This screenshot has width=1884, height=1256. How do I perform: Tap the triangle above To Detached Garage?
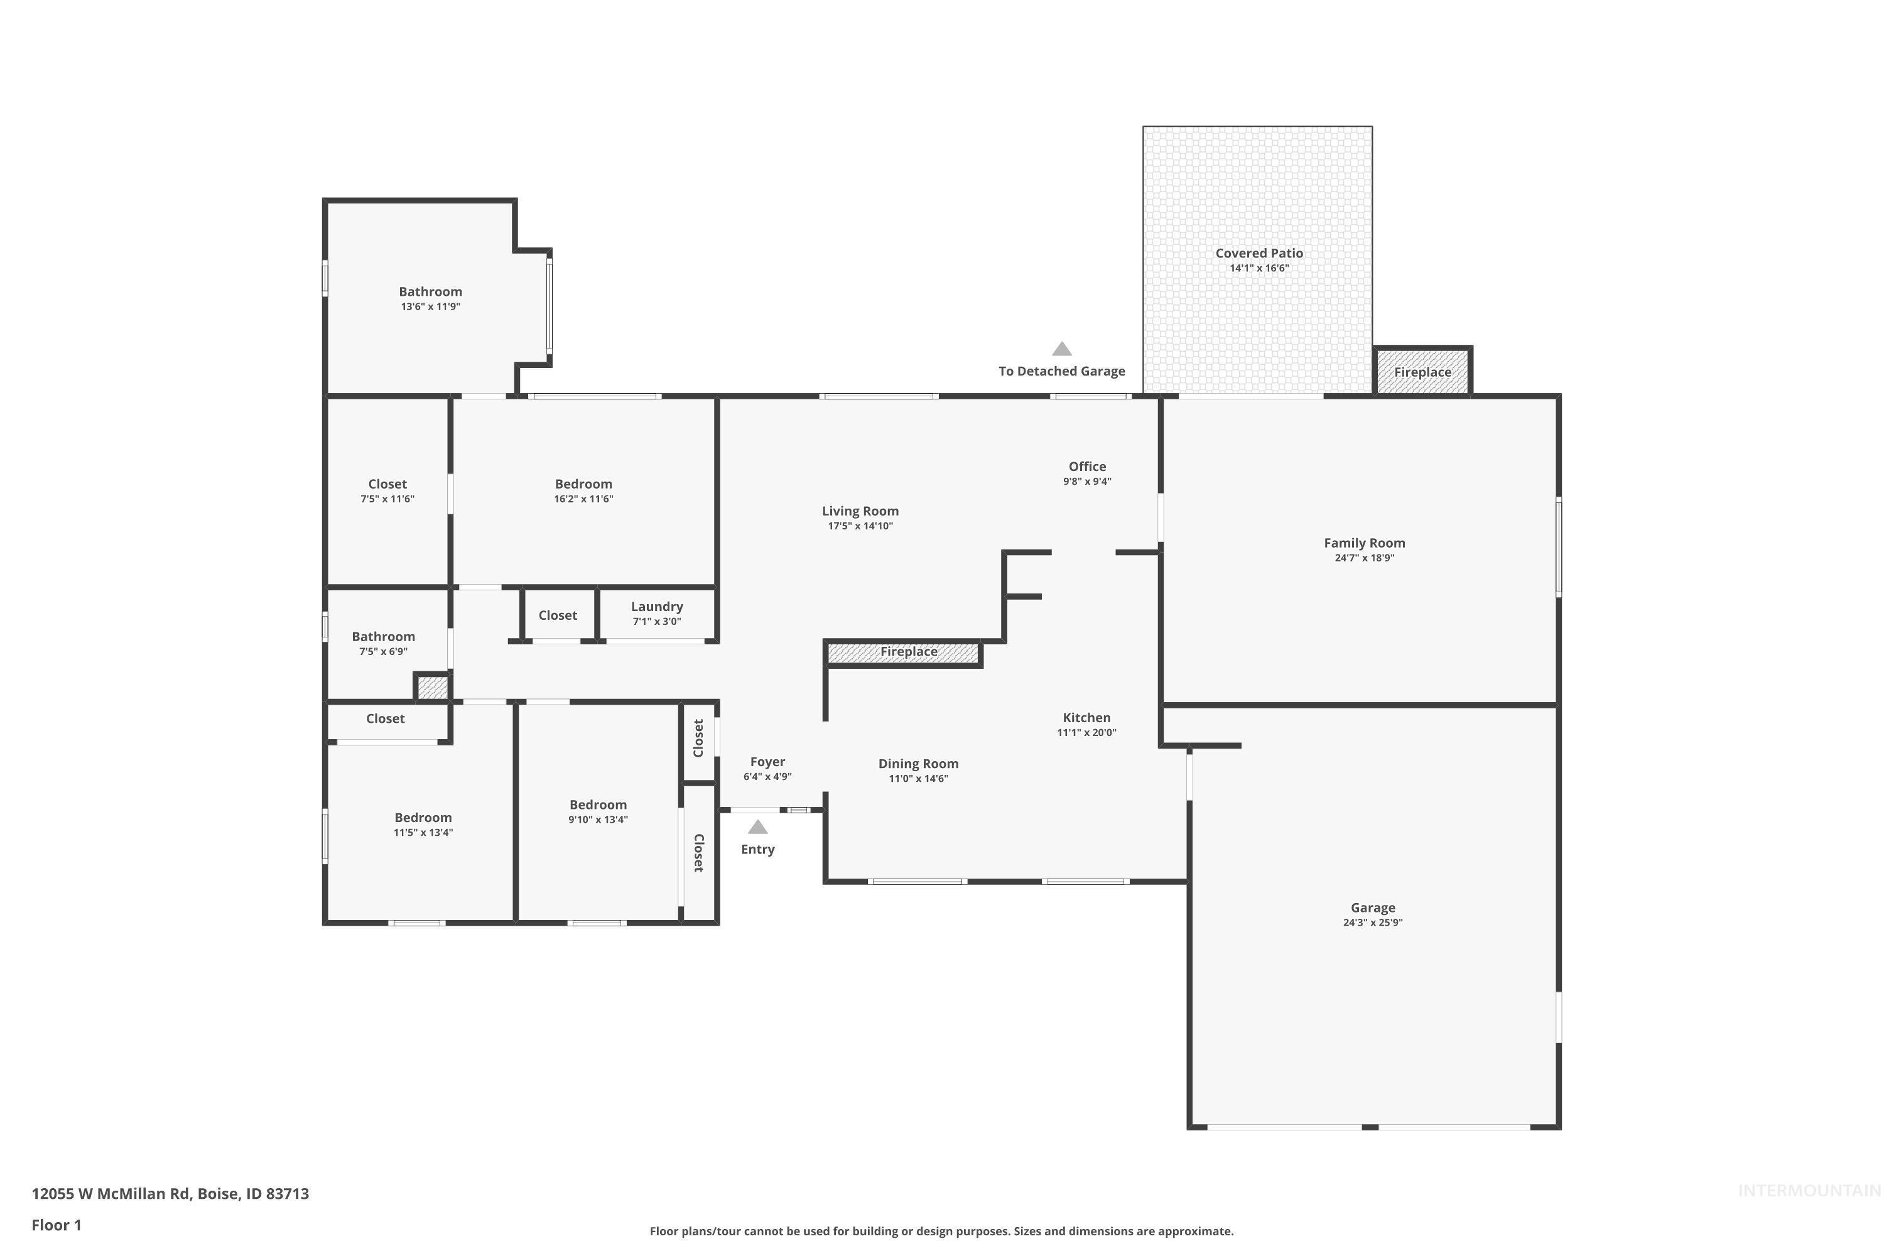pyautogui.click(x=1061, y=349)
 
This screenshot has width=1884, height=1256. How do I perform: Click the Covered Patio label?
pyautogui.click(x=1259, y=253)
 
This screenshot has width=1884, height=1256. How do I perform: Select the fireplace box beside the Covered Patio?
pyautogui.click(x=1422, y=372)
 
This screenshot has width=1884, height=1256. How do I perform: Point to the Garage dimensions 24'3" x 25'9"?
pyautogui.click(x=1372, y=922)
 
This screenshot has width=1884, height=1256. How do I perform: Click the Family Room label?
pyautogui.click(x=1364, y=543)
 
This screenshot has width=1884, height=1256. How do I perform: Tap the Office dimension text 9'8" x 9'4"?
pyautogui.click(x=1087, y=482)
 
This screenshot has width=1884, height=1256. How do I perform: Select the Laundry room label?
pyautogui.click(x=657, y=607)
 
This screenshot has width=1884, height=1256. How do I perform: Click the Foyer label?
pyautogui.click(x=767, y=762)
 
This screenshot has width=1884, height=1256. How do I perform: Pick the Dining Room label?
pyautogui.click(x=918, y=764)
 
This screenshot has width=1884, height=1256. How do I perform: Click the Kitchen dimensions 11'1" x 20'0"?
pyautogui.click(x=1086, y=732)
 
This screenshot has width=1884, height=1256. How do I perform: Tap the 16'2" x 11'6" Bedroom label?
pyautogui.click(x=583, y=484)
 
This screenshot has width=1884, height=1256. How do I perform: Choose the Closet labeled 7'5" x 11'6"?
pyautogui.click(x=387, y=484)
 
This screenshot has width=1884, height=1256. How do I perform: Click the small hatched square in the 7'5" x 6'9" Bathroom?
pyautogui.click(x=432, y=687)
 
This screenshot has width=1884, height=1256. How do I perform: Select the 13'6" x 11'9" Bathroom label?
pyautogui.click(x=430, y=291)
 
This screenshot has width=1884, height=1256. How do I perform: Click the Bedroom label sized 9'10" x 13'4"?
pyautogui.click(x=598, y=805)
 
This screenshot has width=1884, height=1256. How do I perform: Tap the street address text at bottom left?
pyautogui.click(x=170, y=1194)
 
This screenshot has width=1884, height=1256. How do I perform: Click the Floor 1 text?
pyautogui.click(x=56, y=1225)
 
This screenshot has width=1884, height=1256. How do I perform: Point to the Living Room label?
pyautogui.click(x=860, y=511)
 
